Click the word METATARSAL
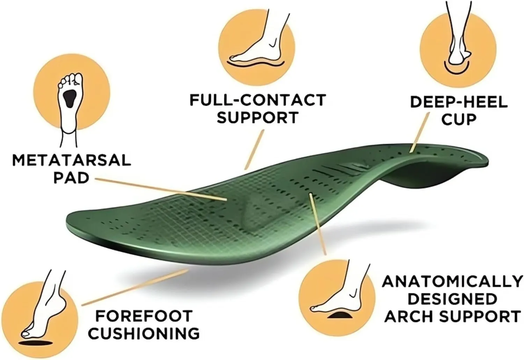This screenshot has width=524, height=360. pyautogui.click(x=71, y=160)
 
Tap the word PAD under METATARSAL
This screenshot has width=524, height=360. pyautogui.click(x=71, y=178)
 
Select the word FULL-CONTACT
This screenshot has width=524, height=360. pyautogui.click(x=257, y=100)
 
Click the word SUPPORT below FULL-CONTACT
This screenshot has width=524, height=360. pyautogui.click(x=257, y=117)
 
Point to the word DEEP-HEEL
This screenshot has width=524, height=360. pyautogui.click(x=459, y=102)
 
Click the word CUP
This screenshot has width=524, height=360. pyautogui.click(x=459, y=120)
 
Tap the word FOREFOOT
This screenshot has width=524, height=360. pyautogui.click(x=144, y=316)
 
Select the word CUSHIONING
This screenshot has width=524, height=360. pyautogui.click(x=144, y=333)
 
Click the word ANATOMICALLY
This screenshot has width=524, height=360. pyautogui.click(x=453, y=282)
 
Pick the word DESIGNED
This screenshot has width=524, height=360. pyautogui.click(x=453, y=299)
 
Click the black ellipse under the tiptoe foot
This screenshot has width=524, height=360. pyautogui.click(x=36, y=343)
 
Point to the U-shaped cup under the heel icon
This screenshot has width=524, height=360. pyautogui.click(x=456, y=69)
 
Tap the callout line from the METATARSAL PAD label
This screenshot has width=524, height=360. pyautogui.click(x=161, y=189)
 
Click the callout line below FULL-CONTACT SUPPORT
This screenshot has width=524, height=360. pyautogui.click(x=254, y=149)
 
